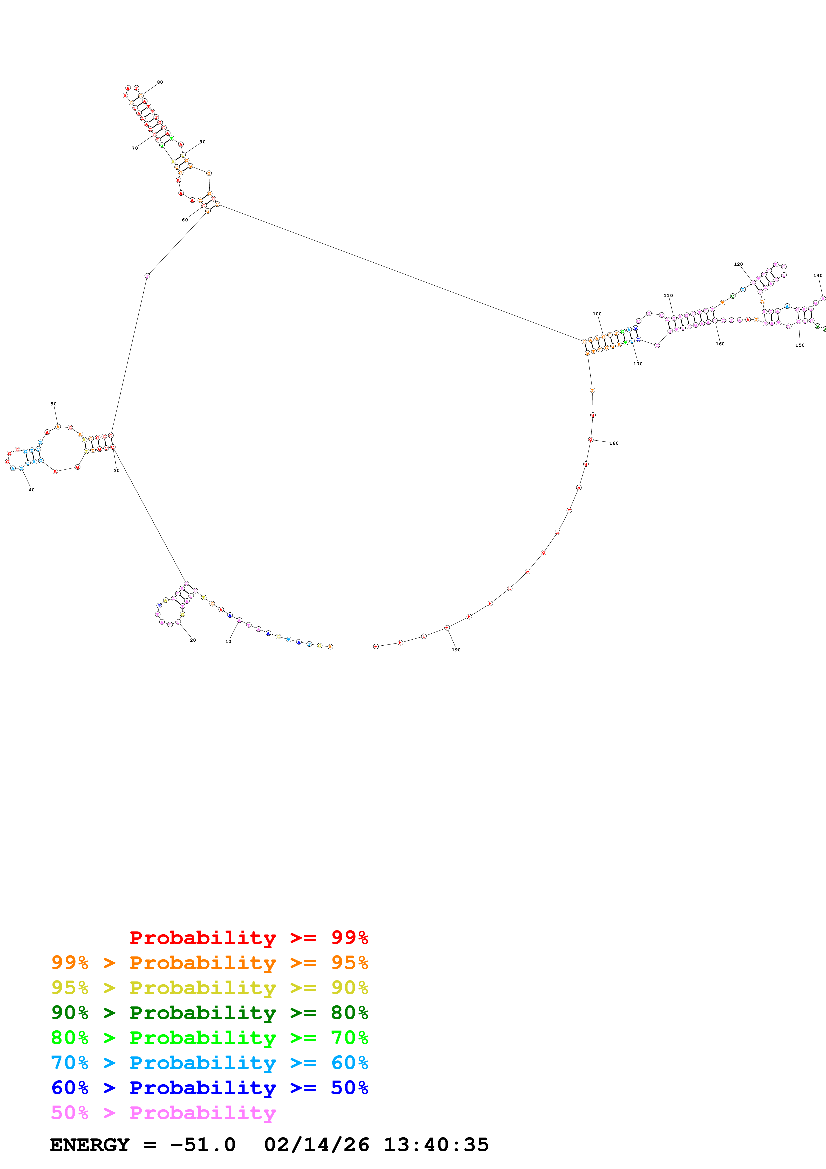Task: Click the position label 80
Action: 160,82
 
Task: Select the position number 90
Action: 203,142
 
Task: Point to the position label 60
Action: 185,220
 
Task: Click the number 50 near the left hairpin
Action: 53,404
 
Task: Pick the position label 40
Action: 32,490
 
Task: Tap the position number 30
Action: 117,471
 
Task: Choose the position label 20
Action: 193,640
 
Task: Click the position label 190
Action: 456,650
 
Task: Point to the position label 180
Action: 614,443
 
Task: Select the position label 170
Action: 638,364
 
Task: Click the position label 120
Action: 738,264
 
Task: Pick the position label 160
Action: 720,344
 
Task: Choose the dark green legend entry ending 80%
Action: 209,1013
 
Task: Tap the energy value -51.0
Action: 203,1145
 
